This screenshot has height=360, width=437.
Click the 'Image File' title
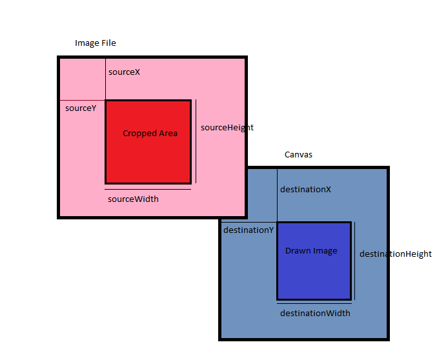pyautogui.click(x=96, y=43)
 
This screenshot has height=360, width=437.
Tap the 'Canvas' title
pyautogui.click(x=298, y=155)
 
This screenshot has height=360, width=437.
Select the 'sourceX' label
pyautogui.click(x=124, y=72)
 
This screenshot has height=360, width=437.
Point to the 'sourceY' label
pyautogui.click(x=81, y=108)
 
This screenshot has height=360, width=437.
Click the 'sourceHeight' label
pyautogui.click(x=227, y=127)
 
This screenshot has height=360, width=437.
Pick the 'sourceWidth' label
pyautogui.click(x=133, y=199)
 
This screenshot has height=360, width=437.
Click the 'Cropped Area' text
pyautogui.click(x=150, y=133)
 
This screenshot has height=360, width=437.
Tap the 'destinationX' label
pyautogui.click(x=305, y=189)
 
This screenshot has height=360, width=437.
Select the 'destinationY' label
pyautogui.click(x=249, y=230)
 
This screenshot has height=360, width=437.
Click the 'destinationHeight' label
pyautogui.click(x=395, y=254)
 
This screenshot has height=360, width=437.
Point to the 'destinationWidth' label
pyautogui.click(x=315, y=313)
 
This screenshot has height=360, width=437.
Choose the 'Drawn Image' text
pyautogui.click(x=311, y=250)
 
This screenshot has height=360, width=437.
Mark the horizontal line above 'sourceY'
pyautogui.click(x=82, y=101)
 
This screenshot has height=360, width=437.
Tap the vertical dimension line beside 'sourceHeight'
pyautogui.click(x=196, y=142)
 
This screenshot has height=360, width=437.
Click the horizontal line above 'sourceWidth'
pyautogui.click(x=148, y=189)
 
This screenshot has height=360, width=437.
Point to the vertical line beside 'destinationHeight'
pyautogui.click(x=355, y=261)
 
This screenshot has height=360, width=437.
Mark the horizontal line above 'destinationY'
pyautogui.click(x=249, y=223)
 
